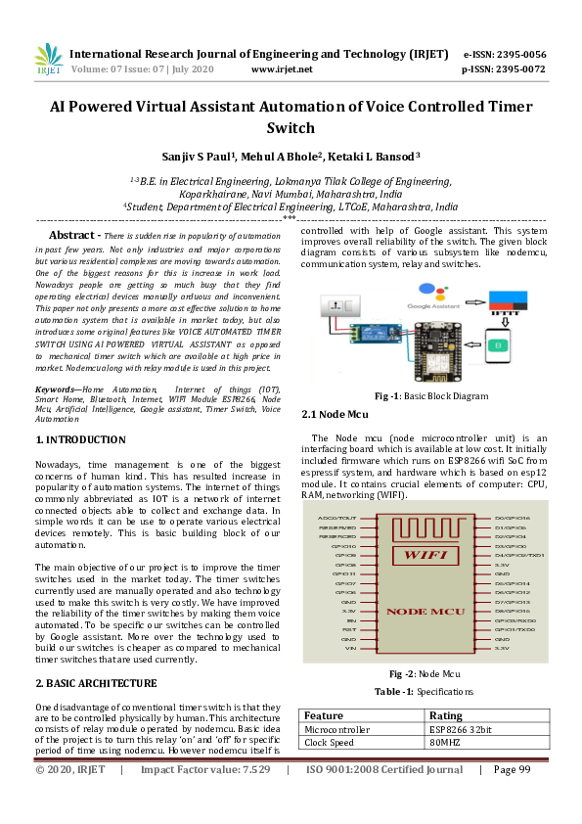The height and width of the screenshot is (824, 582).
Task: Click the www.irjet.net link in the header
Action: click(x=282, y=69)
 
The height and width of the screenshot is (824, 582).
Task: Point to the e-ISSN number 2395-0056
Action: click(x=518, y=54)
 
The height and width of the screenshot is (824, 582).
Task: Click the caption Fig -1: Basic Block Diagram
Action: click(x=431, y=396)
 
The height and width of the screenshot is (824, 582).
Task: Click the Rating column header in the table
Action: click(x=446, y=715)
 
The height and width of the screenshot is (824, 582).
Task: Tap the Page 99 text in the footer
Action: click(x=512, y=798)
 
